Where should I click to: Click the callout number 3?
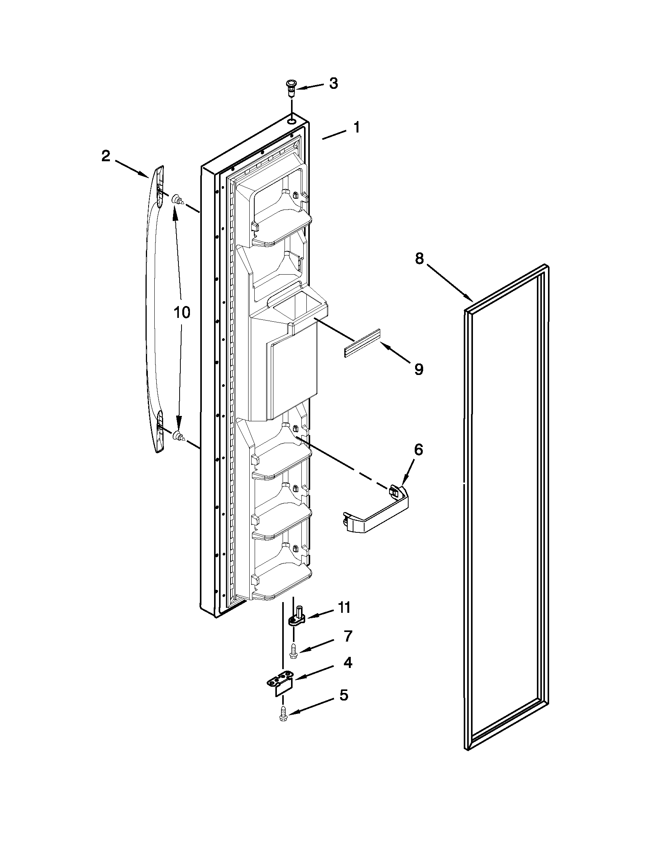point(334,83)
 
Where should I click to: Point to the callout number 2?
point(105,156)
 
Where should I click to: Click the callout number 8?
point(419,258)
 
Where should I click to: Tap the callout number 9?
point(419,369)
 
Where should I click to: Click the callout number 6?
point(418,449)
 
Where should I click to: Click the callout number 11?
point(344,607)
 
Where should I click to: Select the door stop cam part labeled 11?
point(297,618)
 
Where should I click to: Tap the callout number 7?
point(348,636)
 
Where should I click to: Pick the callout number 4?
point(347,663)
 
